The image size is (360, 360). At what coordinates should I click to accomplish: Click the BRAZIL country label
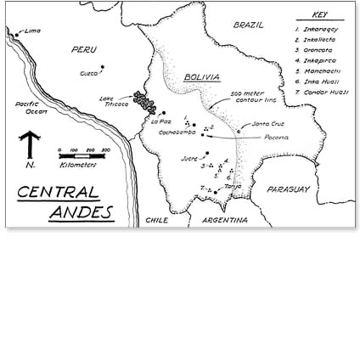point(249,25)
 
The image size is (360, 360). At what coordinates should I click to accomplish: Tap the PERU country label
point(84,50)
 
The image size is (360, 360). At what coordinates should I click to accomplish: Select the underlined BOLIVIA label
point(201,76)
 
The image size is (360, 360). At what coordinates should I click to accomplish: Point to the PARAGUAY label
point(288,189)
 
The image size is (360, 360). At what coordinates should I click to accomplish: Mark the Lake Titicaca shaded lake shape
point(146,104)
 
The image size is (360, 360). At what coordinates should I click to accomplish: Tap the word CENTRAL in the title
point(58,192)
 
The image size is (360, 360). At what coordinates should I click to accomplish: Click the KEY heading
point(319,14)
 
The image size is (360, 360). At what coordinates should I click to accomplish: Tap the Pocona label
point(275,137)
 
